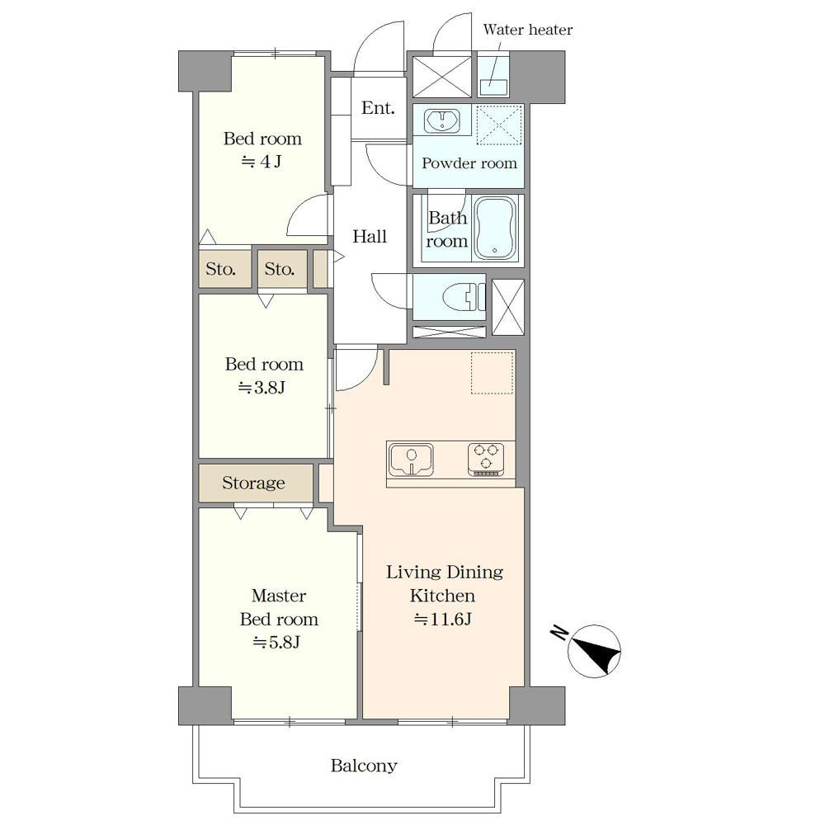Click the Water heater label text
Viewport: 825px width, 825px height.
click(x=527, y=30)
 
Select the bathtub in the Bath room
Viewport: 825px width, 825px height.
click(x=494, y=228)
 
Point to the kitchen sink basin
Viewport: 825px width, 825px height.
click(x=411, y=459)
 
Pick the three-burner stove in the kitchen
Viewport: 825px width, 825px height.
click(x=486, y=459)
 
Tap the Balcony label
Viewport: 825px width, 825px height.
click(x=364, y=766)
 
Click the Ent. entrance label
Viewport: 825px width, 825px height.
click(x=378, y=108)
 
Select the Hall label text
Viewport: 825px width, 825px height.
click(x=370, y=236)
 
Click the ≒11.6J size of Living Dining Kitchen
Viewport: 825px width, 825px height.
click(x=442, y=619)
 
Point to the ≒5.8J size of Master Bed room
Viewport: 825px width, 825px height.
click(x=277, y=642)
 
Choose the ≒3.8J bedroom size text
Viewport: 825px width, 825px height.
click(x=262, y=388)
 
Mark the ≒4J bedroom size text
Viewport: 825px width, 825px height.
click(x=262, y=161)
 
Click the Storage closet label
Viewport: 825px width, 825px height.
click(x=253, y=483)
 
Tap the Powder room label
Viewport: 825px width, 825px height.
click(x=469, y=163)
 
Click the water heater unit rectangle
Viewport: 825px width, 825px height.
click(x=493, y=87)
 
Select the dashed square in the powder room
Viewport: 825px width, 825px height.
click(x=499, y=125)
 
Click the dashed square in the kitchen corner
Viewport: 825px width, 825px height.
click(x=492, y=373)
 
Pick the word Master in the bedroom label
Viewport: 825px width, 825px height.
click(x=278, y=595)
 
